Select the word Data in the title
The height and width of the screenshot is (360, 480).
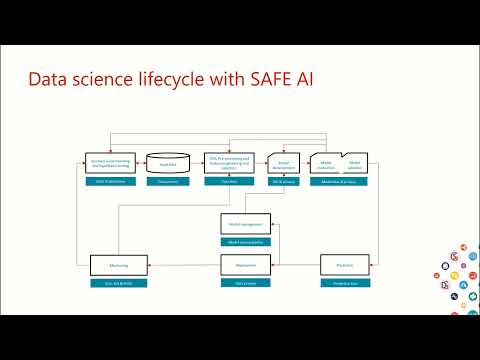pos(47,80)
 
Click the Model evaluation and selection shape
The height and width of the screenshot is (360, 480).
pos(339,162)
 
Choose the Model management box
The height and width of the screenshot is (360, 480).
pos(245,225)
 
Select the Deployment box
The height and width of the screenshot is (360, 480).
pos(245,265)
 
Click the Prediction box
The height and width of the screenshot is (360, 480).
pos(345,265)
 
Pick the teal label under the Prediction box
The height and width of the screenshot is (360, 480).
pos(345,284)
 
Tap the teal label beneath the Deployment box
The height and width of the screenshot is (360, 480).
pos(245,284)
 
